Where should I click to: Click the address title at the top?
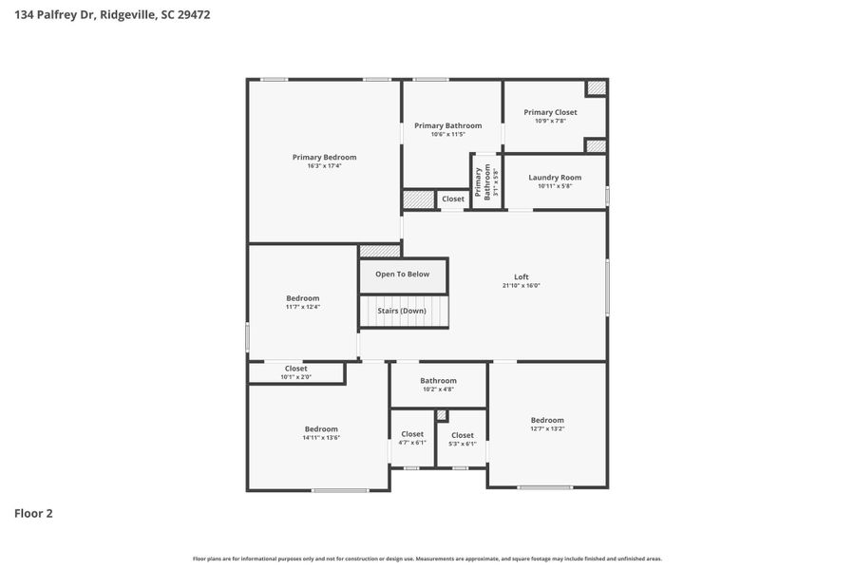pyautogui.click(x=112, y=14)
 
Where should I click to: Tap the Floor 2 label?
pyautogui.click(x=33, y=514)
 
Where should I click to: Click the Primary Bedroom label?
pyautogui.click(x=324, y=158)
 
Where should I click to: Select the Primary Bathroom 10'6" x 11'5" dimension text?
pyautogui.click(x=447, y=135)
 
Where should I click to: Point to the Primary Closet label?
pyautogui.click(x=550, y=112)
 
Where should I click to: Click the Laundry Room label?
pyautogui.click(x=555, y=178)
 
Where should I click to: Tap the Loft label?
pyautogui.click(x=522, y=277)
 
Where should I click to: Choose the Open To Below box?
pyautogui.click(x=402, y=275)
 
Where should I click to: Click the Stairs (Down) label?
pyautogui.click(x=402, y=311)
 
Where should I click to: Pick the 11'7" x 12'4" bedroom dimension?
pyautogui.click(x=303, y=307)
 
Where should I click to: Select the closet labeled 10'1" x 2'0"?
pyautogui.click(x=295, y=372)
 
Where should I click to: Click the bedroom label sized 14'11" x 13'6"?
pyautogui.click(x=321, y=429)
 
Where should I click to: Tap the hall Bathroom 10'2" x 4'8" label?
pyautogui.click(x=438, y=381)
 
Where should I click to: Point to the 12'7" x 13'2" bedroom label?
pyautogui.click(x=547, y=420)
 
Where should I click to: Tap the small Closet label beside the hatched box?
pyautogui.click(x=453, y=199)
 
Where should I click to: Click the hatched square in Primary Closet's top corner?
pyautogui.click(x=596, y=88)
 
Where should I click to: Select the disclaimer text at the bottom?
pyautogui.click(x=427, y=559)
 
